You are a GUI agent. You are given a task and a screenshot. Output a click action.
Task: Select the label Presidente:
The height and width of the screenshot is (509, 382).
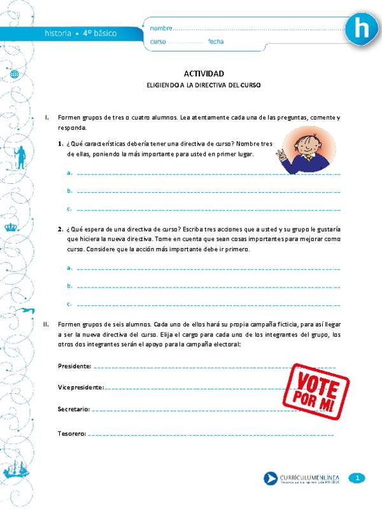tap(74, 366)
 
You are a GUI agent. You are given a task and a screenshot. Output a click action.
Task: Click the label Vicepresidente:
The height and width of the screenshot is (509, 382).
tap(80, 387)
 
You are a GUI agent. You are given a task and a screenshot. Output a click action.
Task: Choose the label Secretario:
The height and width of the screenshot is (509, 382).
tap(73, 408)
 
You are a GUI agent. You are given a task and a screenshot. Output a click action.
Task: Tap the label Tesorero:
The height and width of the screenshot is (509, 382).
tap(71, 433)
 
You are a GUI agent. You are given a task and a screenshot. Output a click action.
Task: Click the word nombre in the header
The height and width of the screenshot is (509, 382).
tap(161, 29)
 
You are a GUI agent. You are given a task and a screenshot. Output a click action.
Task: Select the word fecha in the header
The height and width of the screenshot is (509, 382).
tap(215, 42)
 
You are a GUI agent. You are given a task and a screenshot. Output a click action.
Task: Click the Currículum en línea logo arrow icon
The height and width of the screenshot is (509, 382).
tap(270, 478)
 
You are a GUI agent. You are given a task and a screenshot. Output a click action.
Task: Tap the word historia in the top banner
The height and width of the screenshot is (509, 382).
tap(58, 33)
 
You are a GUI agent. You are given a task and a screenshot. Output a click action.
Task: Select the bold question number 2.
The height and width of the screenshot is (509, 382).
tap(59, 229)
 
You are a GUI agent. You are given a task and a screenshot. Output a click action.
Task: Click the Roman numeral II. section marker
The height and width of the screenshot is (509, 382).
tap(46, 324)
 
